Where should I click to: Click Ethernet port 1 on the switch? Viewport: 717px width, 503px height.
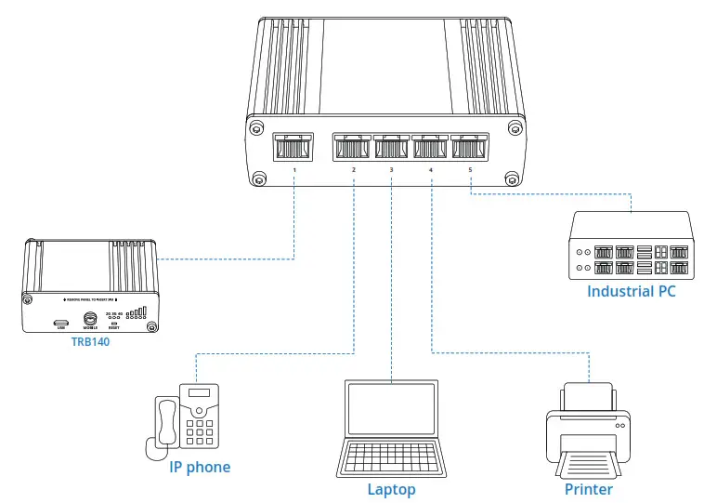pyautogui.click(x=293, y=147)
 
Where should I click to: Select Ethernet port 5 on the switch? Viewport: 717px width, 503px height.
pyautogui.click(x=470, y=147)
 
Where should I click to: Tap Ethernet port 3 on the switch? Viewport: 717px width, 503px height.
pyautogui.click(x=391, y=147)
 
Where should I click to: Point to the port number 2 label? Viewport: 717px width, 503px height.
pyautogui.click(x=354, y=170)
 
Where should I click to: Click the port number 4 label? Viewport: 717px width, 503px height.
pyautogui.click(x=431, y=170)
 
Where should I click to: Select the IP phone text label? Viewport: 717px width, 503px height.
pyautogui.click(x=200, y=467)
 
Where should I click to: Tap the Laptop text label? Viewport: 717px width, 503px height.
pyautogui.click(x=391, y=489)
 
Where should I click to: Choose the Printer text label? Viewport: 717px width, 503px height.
pyautogui.click(x=589, y=489)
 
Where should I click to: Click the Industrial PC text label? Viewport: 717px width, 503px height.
pyautogui.click(x=631, y=292)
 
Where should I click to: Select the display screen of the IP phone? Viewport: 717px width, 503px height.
pyautogui.click(x=200, y=394)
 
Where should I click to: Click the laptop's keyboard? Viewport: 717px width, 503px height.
pyautogui.click(x=391, y=457)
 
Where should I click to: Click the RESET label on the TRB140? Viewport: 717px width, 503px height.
pyautogui.click(x=114, y=328)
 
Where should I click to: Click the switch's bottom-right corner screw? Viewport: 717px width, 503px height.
pyautogui.click(x=510, y=179)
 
